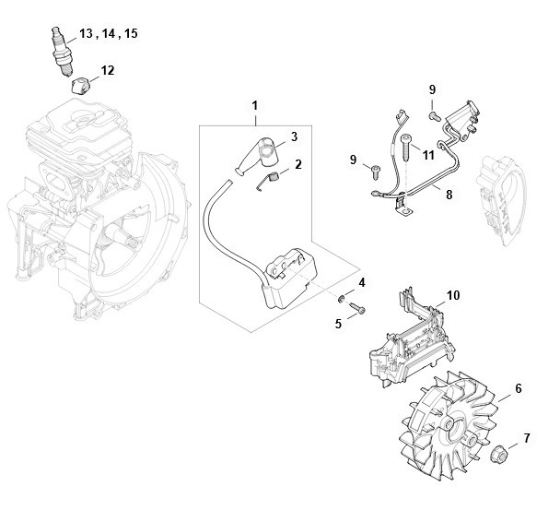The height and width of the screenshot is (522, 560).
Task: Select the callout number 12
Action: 108,70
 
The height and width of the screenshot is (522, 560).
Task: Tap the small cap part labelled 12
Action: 79,87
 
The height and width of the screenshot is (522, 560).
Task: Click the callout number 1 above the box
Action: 254,106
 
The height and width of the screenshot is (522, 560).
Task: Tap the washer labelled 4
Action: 342,298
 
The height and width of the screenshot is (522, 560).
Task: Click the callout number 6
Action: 519,388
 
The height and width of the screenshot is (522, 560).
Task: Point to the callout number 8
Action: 449,195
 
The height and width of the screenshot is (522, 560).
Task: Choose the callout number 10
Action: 453,295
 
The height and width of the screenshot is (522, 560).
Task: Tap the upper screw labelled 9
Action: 435,115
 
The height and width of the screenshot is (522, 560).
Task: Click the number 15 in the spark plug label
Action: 131,33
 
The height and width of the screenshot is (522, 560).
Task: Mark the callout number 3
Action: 294,136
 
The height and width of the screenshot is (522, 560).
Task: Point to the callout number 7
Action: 527,438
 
